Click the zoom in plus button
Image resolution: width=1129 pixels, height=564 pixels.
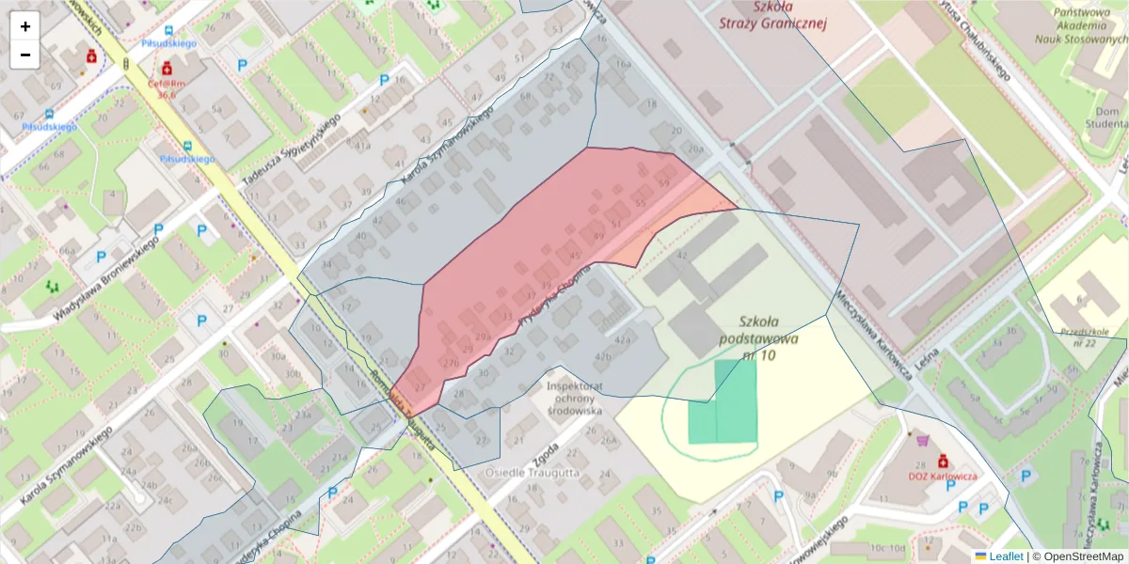point(24,26)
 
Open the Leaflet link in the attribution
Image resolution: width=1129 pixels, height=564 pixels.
point(1005,556)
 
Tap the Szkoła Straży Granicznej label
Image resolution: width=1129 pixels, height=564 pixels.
point(771,16)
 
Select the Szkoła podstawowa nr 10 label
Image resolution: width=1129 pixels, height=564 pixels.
point(757,337)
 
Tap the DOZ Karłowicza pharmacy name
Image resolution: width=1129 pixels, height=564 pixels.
point(942,477)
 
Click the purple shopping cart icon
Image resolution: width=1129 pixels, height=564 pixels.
point(921,439)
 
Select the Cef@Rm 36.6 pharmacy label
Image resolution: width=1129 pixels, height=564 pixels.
point(167,87)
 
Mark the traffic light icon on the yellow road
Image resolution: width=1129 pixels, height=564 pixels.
point(125,63)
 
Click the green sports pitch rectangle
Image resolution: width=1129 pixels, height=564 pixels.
point(723,401)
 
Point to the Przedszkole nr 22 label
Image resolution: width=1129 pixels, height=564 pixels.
point(1092,337)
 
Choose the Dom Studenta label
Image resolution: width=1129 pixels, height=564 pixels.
point(1105,117)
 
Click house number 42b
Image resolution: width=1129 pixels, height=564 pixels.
point(603,357)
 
